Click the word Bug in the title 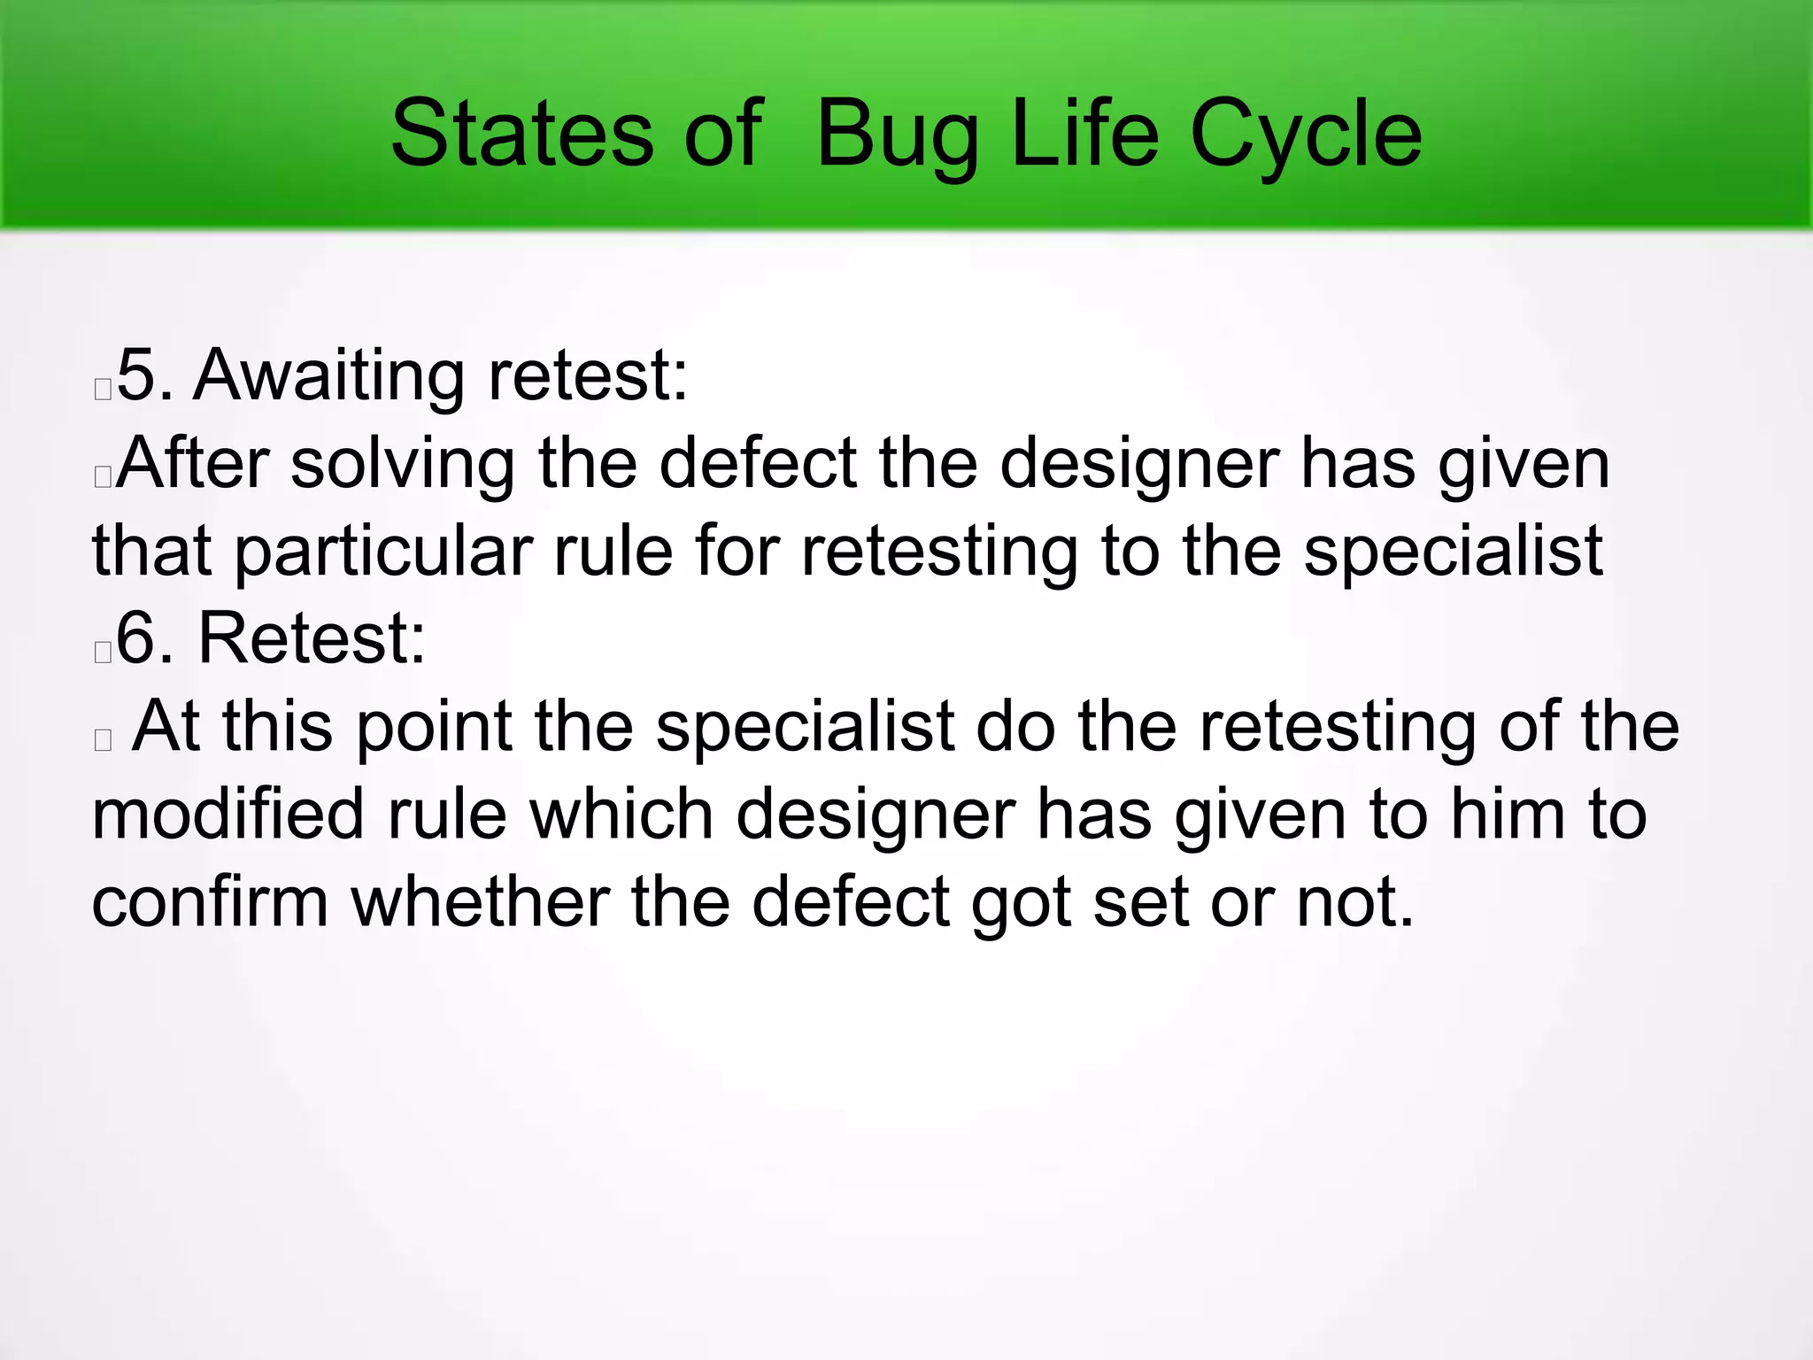point(897,135)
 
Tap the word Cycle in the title point(1306,135)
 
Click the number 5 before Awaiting point(137,376)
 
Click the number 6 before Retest point(137,638)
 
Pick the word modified point(228,815)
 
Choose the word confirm point(210,902)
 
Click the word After point(192,464)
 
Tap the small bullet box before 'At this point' point(103,740)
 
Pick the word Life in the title point(1084,135)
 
